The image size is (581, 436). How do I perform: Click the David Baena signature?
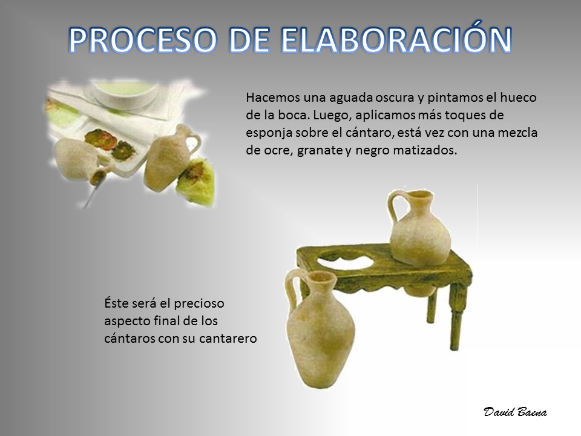pos(515,412)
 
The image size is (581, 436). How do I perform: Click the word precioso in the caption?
pos(199,303)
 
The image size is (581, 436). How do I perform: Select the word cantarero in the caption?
pos(228,339)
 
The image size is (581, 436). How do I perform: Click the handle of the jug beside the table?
pos(291,289)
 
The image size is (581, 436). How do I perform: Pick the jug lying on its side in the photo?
pos(80,160)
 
